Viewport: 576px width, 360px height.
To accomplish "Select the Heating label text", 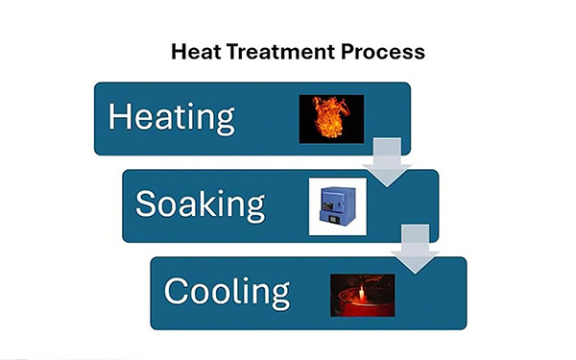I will [x=172, y=117].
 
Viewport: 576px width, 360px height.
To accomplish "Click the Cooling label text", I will [x=227, y=291].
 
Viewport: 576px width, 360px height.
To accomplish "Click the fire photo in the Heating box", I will [x=331, y=118].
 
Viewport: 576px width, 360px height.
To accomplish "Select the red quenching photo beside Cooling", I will [x=362, y=293].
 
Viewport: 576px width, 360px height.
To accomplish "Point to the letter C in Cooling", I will [x=176, y=291].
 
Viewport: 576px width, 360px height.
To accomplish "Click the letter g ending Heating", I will [x=225, y=121].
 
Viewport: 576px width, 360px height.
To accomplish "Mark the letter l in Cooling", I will [x=241, y=289].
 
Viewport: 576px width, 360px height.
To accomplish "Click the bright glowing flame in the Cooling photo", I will [x=360, y=287].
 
